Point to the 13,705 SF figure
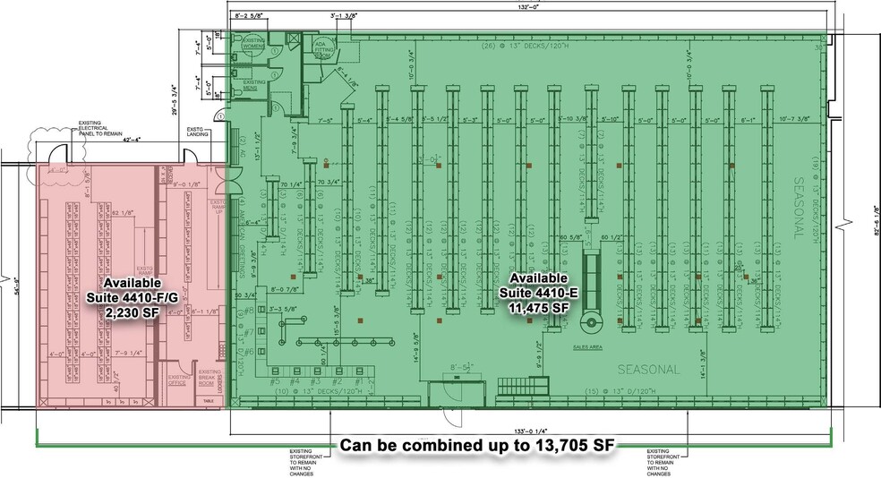(x=560, y=446)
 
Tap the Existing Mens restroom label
(x=252, y=85)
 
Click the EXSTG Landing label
(x=198, y=134)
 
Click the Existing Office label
(x=178, y=379)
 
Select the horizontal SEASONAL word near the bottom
(x=650, y=369)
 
